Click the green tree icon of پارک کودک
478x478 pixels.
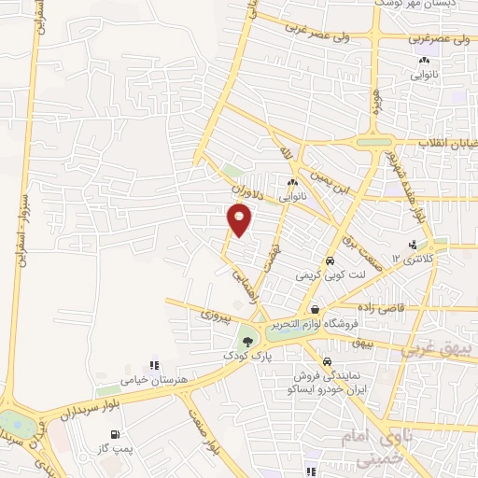pyautogui.click(x=247, y=342)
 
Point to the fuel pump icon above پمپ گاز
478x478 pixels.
pyautogui.click(x=115, y=435)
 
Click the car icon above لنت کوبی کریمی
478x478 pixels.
pyautogui.click(x=330, y=260)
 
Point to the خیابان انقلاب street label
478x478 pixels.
pyautogui.click(x=438, y=143)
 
